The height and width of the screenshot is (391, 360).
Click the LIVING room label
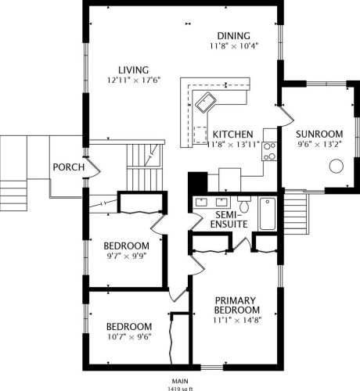[x=134, y=70]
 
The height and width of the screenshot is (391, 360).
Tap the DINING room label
[x=234, y=36]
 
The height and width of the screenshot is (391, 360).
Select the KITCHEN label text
[x=233, y=135]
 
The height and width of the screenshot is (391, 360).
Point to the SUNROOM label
[x=319, y=134]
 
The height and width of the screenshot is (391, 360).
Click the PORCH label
[x=69, y=167]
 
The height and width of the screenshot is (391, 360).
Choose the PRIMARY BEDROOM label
[x=237, y=305]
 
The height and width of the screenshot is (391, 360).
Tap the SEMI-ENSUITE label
[x=229, y=220]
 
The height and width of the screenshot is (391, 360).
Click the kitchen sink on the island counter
[x=206, y=102]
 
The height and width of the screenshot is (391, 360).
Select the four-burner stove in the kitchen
[x=269, y=151]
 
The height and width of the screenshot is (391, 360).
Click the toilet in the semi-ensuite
[x=244, y=204]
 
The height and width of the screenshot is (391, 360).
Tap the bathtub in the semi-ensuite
[x=268, y=213]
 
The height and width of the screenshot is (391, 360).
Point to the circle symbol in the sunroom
[x=337, y=166]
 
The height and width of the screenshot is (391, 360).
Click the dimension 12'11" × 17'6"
[x=134, y=80]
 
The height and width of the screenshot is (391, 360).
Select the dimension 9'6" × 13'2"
[x=319, y=144]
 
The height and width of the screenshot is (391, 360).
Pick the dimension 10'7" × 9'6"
[x=129, y=337]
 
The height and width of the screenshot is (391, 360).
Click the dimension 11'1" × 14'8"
[x=237, y=320]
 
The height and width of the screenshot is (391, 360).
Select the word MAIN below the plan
[x=180, y=381]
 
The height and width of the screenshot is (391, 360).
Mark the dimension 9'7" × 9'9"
[x=126, y=256]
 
